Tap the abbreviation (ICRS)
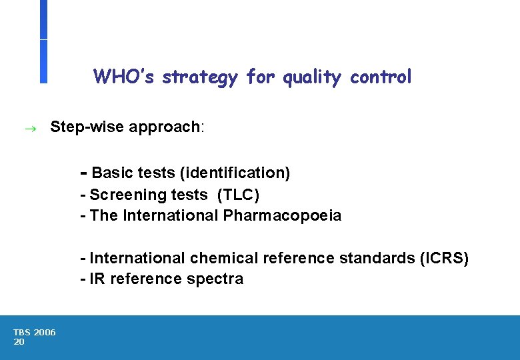444,258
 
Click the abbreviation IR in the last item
97,279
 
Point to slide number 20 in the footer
19,341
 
